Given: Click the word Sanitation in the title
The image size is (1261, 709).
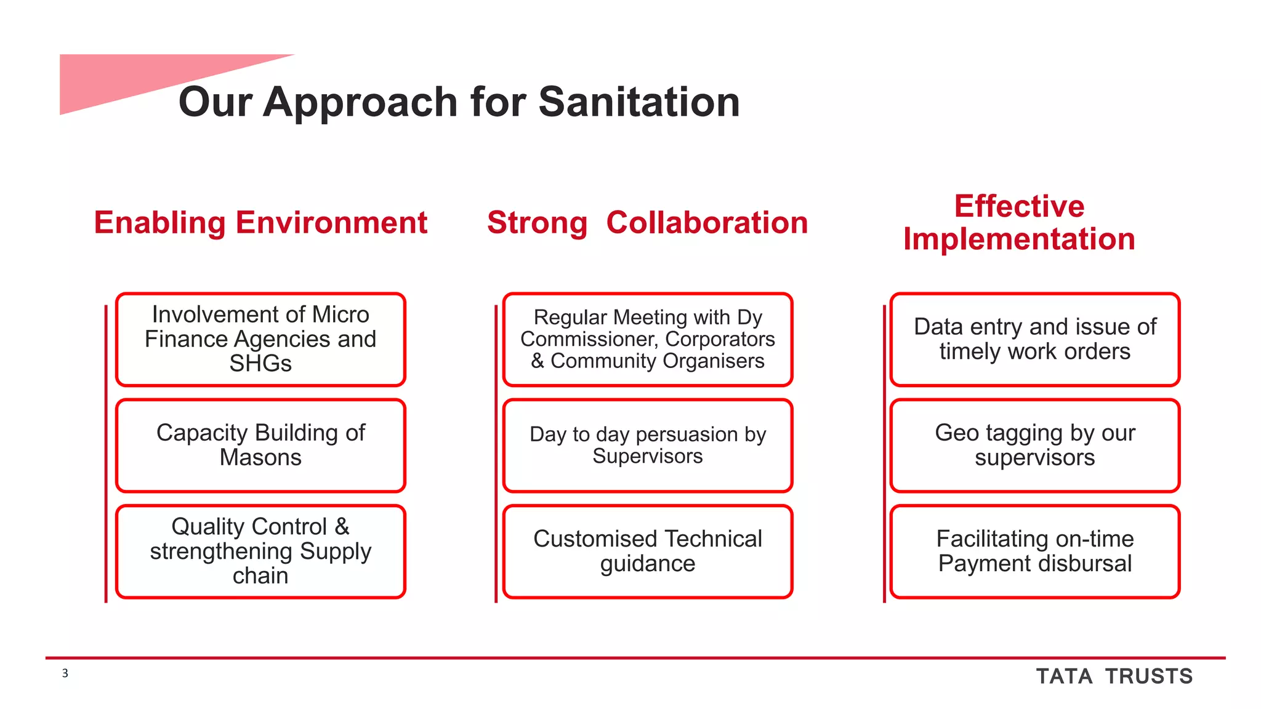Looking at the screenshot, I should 639,102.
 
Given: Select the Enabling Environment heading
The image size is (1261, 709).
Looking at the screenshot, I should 260,223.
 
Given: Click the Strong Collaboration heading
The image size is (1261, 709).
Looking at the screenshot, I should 647,223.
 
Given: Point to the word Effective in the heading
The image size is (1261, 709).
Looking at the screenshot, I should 1019,206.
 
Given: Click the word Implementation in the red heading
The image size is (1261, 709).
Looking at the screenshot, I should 1019,239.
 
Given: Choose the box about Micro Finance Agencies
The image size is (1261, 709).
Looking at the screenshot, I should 260,339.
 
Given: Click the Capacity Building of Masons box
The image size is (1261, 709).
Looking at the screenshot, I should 260,445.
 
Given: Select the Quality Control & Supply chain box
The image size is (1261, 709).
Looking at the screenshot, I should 260,551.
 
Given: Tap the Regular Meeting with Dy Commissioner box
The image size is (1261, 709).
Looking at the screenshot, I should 647,339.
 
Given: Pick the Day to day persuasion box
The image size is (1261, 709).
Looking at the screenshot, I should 647,445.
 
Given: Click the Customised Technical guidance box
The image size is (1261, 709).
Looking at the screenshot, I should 647,551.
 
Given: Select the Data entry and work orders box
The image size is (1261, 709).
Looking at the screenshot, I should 1034,339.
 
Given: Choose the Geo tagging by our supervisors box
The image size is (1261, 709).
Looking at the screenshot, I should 1034,445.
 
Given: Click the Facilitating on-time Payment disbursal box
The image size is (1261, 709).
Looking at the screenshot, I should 1034,551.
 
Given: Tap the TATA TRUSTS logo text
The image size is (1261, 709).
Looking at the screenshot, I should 1114,676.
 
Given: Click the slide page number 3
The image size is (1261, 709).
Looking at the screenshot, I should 65,673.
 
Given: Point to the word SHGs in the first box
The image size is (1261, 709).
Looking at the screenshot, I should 260,364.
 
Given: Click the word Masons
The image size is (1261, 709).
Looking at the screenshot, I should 260,458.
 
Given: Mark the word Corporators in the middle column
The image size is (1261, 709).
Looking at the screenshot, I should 720,339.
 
